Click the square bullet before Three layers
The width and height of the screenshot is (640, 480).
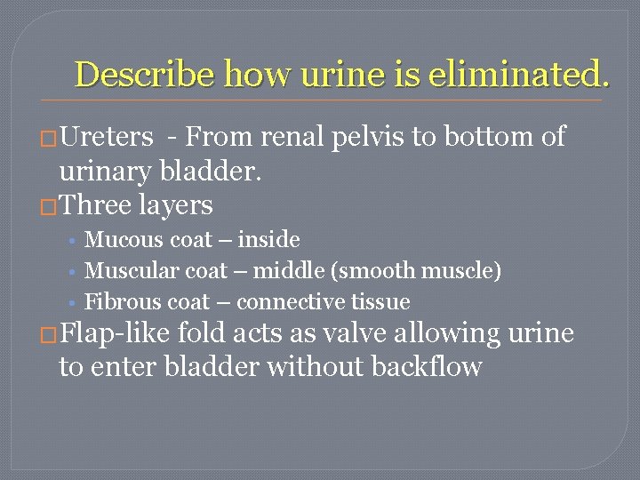click(49, 206)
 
